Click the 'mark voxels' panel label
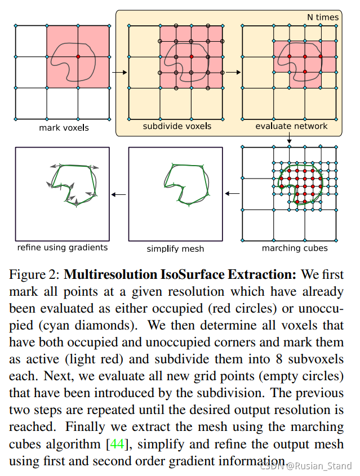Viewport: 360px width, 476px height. [x=64, y=128]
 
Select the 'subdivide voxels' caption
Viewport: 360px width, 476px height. [x=176, y=126]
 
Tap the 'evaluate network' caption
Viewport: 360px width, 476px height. [x=291, y=126]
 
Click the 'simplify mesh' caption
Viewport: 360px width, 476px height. [x=175, y=248]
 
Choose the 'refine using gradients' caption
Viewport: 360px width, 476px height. [x=63, y=247]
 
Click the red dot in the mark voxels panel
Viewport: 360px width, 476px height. [x=78, y=56]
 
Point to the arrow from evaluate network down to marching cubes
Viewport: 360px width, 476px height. [x=289, y=140]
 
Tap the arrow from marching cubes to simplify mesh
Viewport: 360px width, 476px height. [x=231, y=194]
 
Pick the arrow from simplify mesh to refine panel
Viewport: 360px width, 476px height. [x=118, y=194]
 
